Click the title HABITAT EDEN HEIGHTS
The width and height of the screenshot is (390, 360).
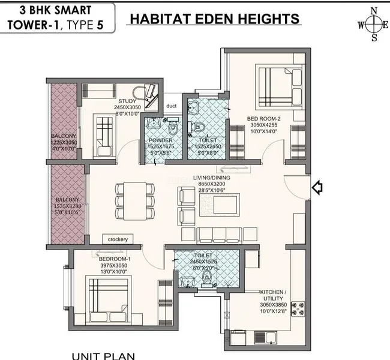pyautogui.click(x=214, y=19)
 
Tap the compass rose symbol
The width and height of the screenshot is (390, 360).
pyautogui.click(x=373, y=25)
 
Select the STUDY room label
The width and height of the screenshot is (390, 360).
pyautogui.click(x=127, y=101)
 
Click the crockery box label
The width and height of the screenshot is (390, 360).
pyautogui.click(x=118, y=239)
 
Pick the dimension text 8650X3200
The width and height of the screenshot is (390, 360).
pyautogui.click(x=209, y=185)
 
